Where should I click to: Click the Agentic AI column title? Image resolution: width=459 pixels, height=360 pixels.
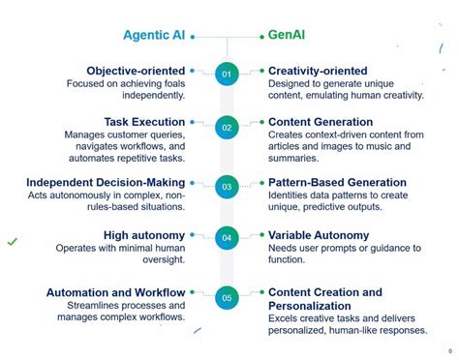(x=154, y=36)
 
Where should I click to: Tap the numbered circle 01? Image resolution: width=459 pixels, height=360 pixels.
(x=227, y=74)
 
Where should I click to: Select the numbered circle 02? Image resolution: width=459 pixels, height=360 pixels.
(x=227, y=127)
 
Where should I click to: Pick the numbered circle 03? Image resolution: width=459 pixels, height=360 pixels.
(x=227, y=187)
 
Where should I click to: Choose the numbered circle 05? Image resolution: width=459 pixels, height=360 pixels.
(x=227, y=298)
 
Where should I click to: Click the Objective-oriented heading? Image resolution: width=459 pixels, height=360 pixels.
(x=136, y=71)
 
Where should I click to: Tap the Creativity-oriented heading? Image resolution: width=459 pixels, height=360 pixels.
(x=318, y=71)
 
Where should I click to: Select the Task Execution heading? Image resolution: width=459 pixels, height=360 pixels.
(x=144, y=122)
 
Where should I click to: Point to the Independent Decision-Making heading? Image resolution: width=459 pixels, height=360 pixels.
(x=107, y=182)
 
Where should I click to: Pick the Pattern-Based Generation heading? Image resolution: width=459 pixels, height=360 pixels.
(x=337, y=182)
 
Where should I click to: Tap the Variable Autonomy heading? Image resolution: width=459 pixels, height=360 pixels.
(x=319, y=235)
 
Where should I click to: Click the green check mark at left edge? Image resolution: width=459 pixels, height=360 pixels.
(x=12, y=241)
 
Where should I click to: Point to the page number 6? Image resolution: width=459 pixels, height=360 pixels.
(x=450, y=350)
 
